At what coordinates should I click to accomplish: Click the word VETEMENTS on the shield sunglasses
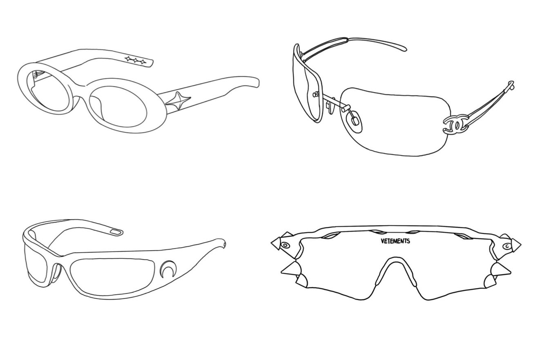coord(395,241)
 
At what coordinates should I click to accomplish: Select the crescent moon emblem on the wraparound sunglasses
coord(166,269)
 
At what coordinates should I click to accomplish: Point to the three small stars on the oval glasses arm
coord(136,60)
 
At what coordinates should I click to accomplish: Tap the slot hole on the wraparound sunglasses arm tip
coord(116,232)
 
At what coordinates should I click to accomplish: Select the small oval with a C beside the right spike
coord(507,246)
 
